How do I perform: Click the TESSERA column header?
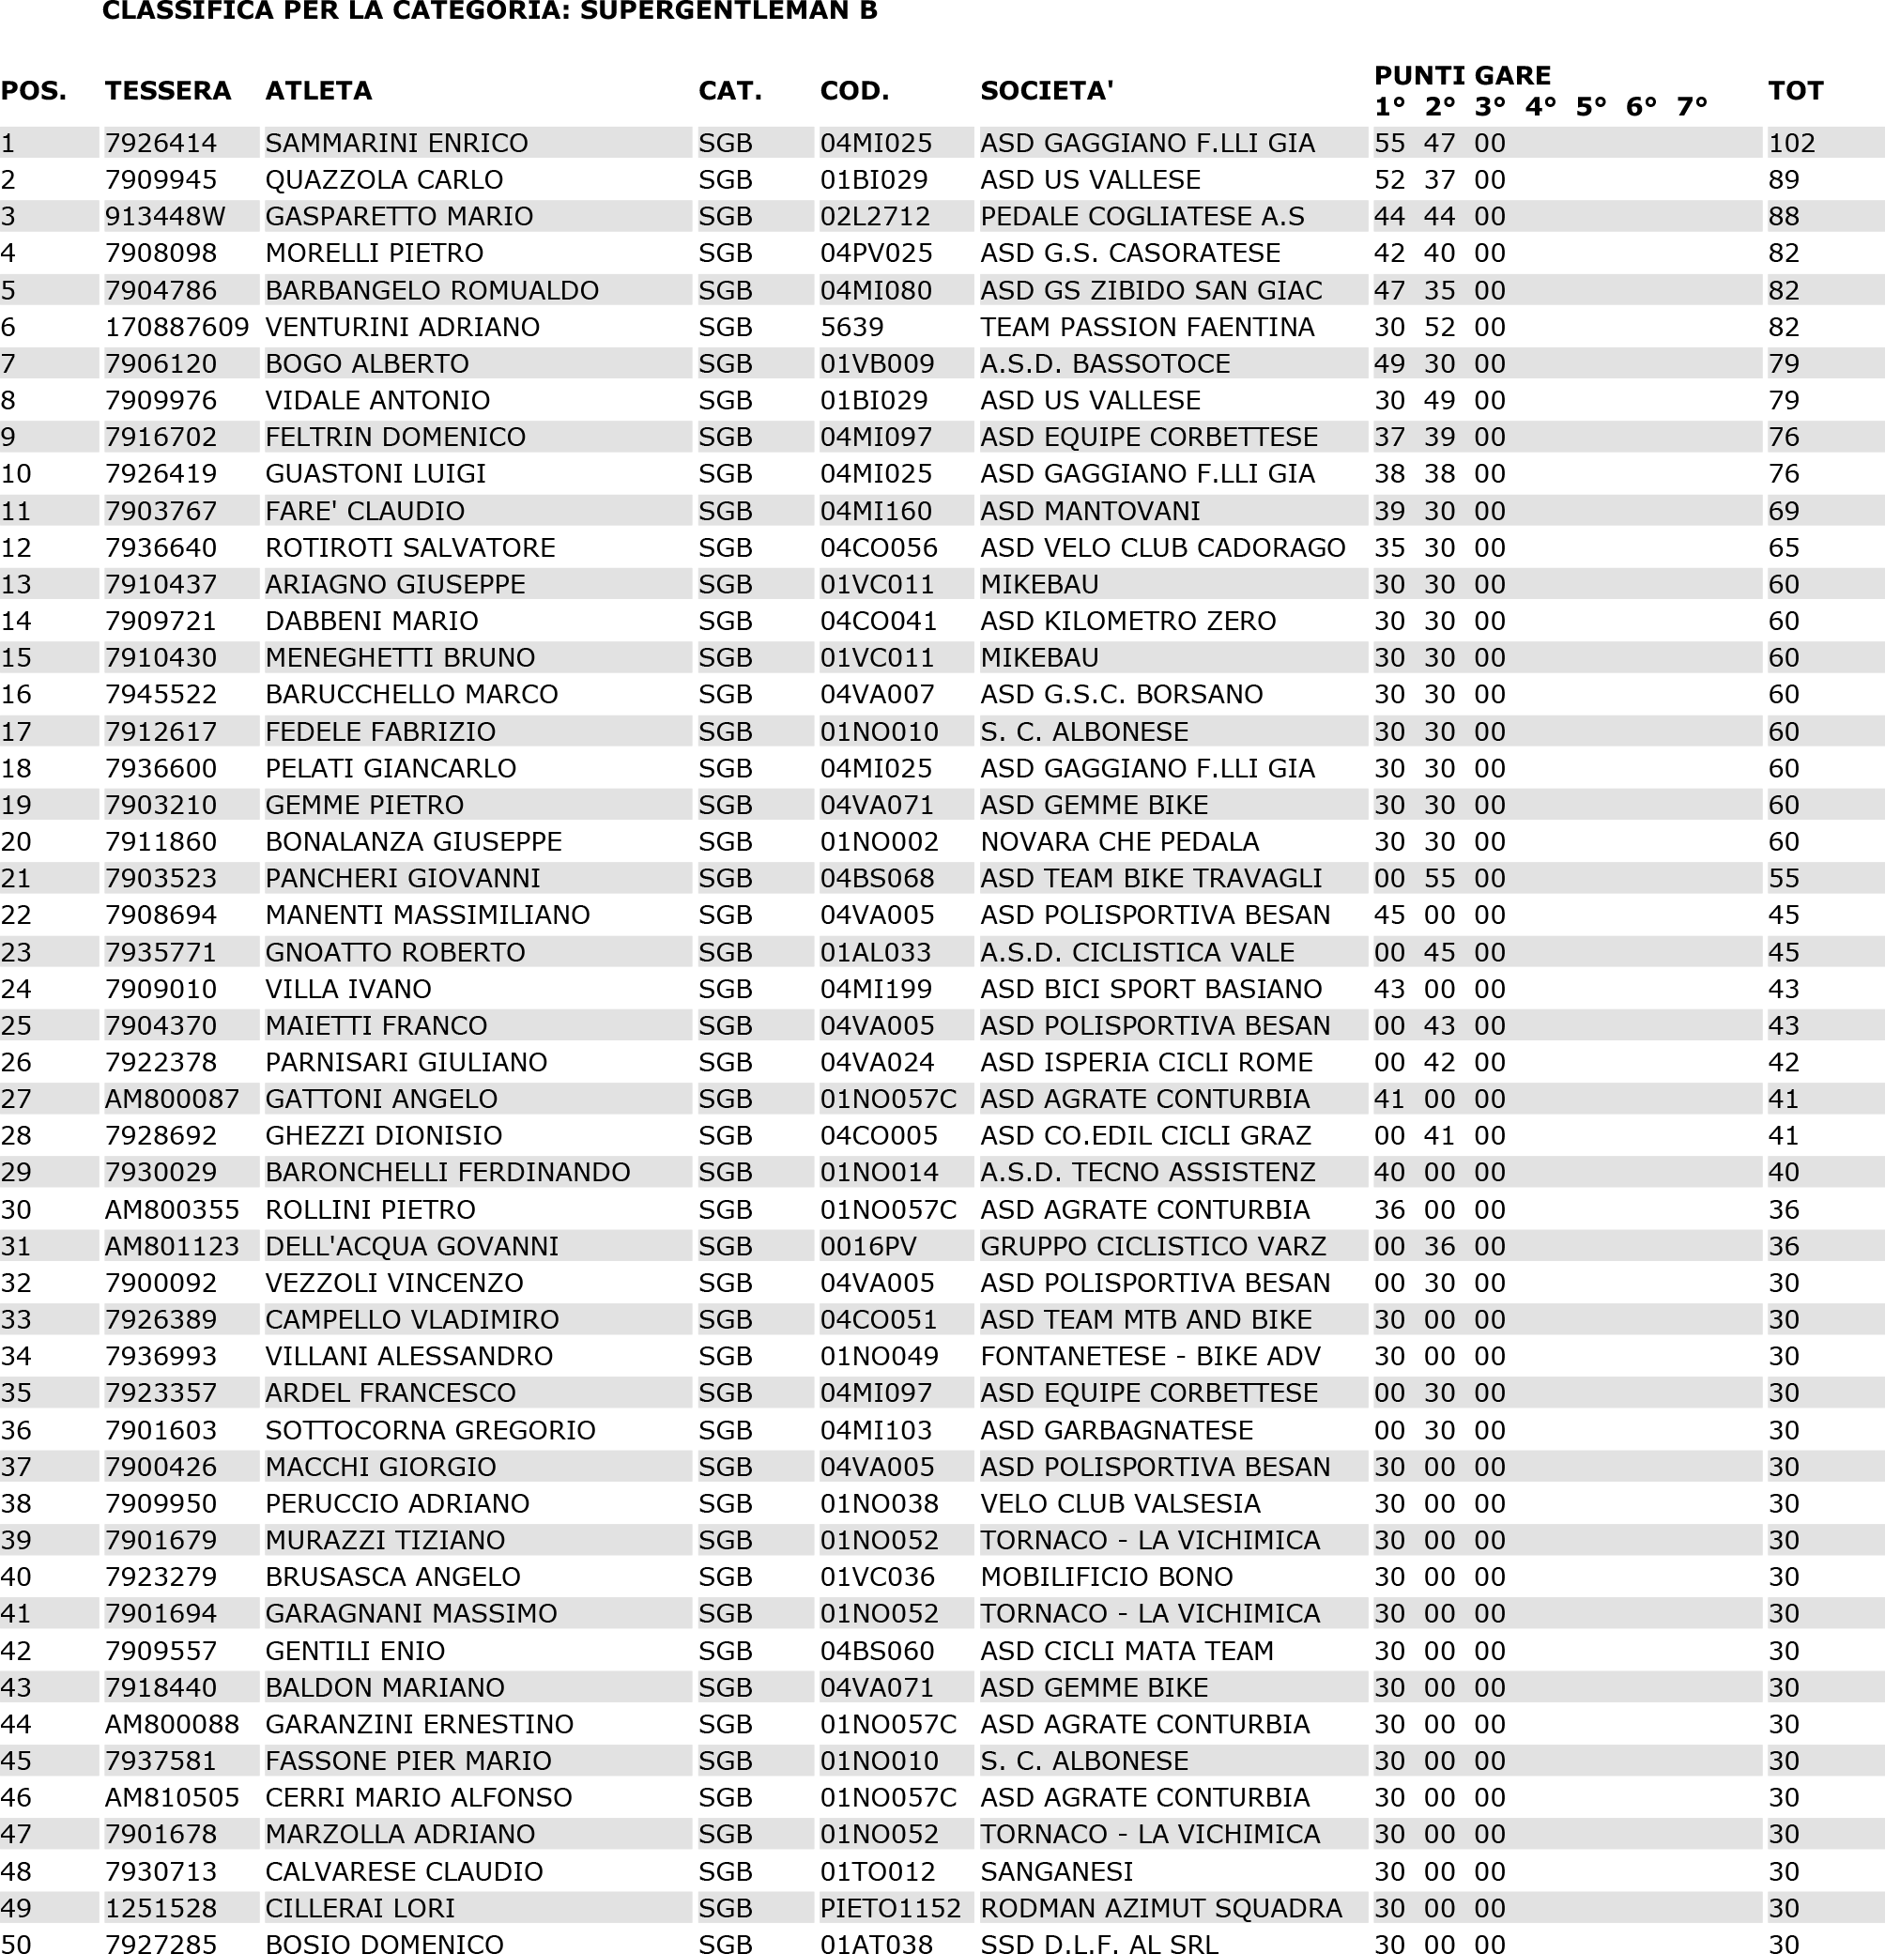click(167, 91)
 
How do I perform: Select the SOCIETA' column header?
click(1046, 91)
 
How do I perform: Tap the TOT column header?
click(1795, 91)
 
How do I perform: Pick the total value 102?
click(1791, 143)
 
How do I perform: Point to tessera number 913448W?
click(164, 216)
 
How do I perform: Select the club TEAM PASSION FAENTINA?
click(1146, 327)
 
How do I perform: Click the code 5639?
click(851, 327)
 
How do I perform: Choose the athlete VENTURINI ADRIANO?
click(402, 327)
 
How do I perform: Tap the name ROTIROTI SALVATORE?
click(409, 547)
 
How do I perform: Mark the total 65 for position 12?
click(1784, 547)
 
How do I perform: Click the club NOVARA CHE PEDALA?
click(1119, 841)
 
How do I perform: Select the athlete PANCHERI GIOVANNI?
click(402, 878)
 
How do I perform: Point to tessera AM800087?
click(172, 1099)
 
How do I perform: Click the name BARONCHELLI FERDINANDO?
click(448, 1172)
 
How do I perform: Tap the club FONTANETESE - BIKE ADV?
click(1149, 1356)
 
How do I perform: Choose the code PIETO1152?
click(890, 1908)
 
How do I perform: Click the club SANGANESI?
click(1057, 1871)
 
